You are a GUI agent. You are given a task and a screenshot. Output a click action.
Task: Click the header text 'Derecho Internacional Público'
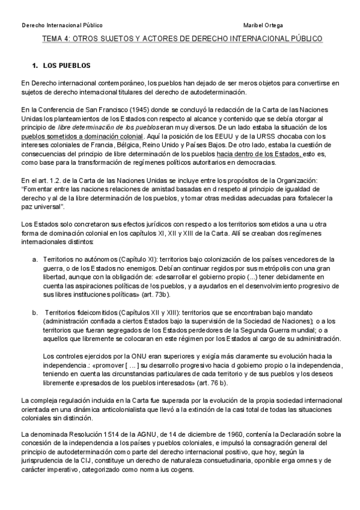(62, 25)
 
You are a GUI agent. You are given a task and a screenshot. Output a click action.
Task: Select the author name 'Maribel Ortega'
(263, 25)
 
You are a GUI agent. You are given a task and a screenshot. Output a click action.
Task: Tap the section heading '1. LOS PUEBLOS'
(61, 64)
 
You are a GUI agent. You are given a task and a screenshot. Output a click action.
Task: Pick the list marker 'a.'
(35, 258)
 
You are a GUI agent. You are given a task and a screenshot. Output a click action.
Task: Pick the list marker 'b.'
(35, 313)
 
